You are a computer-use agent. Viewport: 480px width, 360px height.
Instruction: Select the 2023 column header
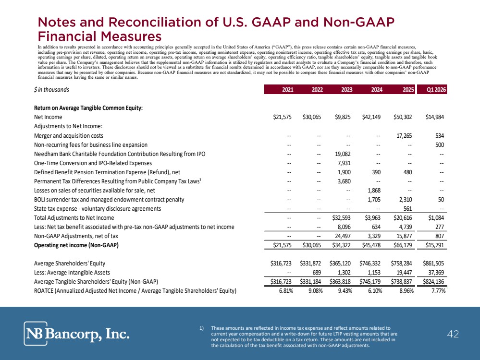pyautogui.click(x=347, y=90)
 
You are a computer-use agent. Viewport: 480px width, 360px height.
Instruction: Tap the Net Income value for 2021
pyautogui.click(x=282, y=117)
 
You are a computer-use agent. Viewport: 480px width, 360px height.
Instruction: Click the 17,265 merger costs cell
pyautogui.click(x=404, y=135)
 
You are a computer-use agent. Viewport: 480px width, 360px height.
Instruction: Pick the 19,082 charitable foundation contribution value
pyautogui.click(x=343, y=154)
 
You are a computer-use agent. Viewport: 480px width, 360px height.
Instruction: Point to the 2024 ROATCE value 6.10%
pyautogui.click(x=375, y=291)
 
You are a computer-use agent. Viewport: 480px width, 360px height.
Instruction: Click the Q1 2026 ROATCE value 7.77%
pyautogui.click(x=438, y=291)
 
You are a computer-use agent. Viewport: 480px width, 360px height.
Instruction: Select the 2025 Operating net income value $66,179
pyautogui.click(x=403, y=245)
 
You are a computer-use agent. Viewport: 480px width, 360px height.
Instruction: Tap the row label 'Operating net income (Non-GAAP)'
pyautogui.click(x=76, y=245)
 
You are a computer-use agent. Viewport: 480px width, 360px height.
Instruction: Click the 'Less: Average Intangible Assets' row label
pyautogui.click(x=72, y=273)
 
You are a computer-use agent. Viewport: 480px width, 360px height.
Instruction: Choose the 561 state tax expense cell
pyautogui.click(x=407, y=209)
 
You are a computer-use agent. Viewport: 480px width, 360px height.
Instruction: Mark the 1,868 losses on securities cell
pyautogui.click(x=374, y=190)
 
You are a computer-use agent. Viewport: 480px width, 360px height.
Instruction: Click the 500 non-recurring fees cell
pyautogui.click(x=440, y=144)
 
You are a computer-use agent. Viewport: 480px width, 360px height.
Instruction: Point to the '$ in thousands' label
pyautogui.click(x=51, y=90)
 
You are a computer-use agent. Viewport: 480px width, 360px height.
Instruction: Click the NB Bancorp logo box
pyautogui.click(x=36, y=334)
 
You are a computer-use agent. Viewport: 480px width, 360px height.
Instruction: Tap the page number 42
pyautogui.click(x=453, y=334)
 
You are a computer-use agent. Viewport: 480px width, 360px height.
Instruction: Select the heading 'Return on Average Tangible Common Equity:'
pyautogui.click(x=88, y=108)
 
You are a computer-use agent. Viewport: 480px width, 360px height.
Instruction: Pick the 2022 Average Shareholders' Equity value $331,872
pyautogui.click(x=311, y=264)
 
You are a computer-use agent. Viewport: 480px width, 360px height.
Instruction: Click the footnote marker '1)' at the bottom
pyautogui.click(x=201, y=328)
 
